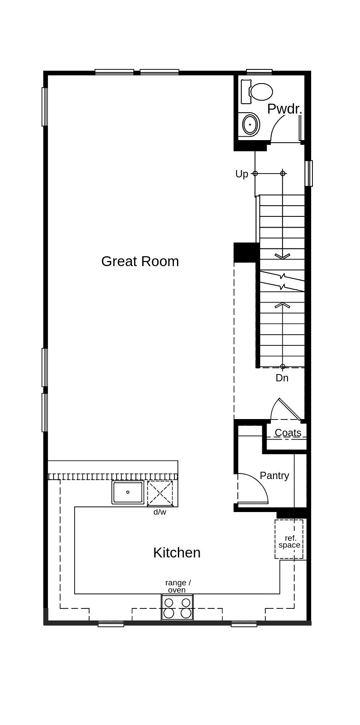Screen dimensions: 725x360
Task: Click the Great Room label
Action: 140,261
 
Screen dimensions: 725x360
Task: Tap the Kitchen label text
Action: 177,552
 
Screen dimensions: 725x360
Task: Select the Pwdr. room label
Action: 285,109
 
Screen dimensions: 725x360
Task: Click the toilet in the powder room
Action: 258,92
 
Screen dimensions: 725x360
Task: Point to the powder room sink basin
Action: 250,124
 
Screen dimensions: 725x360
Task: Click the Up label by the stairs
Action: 242,174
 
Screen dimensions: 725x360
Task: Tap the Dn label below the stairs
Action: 282,378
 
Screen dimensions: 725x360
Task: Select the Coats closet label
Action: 288,433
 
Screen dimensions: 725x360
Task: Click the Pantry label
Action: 274,475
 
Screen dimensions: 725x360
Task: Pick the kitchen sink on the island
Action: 128,492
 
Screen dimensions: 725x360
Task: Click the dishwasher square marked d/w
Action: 160,494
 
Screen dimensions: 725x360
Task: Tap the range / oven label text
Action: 177,586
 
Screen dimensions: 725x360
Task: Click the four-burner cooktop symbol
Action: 177,607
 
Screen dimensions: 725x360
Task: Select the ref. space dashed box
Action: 289,539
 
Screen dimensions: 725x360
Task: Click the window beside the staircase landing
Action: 309,173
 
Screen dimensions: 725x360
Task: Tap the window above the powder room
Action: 259,72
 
